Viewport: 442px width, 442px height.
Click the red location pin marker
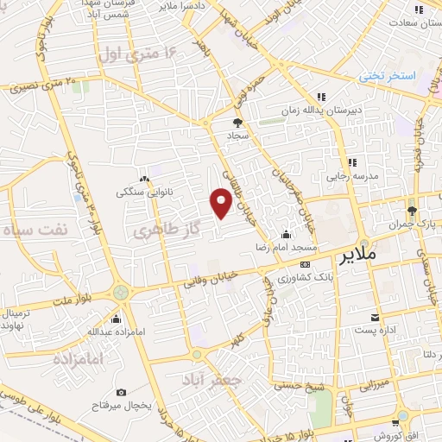click(222, 203)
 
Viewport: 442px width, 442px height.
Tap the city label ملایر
click(358, 257)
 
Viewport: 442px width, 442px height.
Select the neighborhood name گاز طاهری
click(159, 230)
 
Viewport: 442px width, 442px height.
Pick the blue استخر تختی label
click(388, 76)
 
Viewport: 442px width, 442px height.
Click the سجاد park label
click(238, 136)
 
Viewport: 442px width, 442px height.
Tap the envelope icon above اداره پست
click(375, 317)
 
